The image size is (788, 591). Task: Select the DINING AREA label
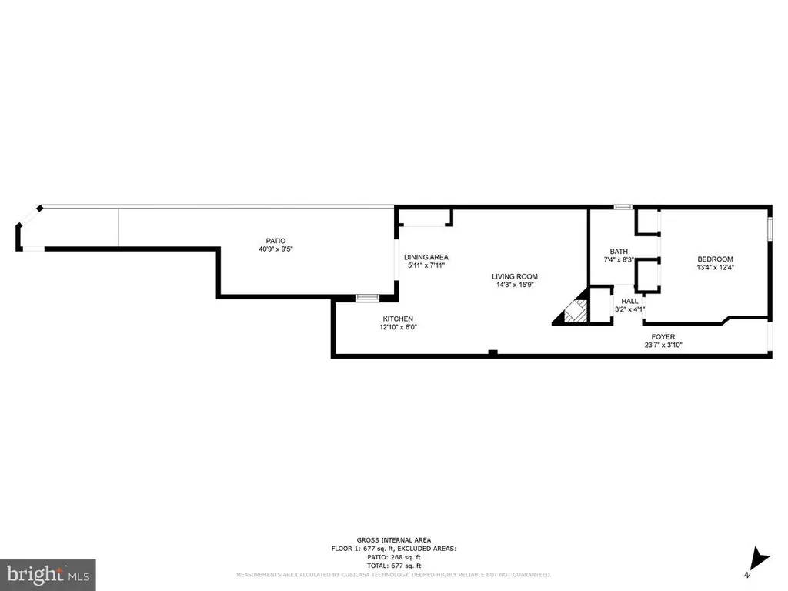point(426,257)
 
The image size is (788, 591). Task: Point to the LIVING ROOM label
point(516,276)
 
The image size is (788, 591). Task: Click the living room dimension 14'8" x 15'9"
point(516,285)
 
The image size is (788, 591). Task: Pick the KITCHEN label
point(399,319)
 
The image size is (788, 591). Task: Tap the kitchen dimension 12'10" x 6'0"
point(399,327)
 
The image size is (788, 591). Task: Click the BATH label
point(619,252)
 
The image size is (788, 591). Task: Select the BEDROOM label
point(715,259)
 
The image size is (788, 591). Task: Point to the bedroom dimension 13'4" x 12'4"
point(715,268)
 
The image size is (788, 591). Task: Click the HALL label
point(629,301)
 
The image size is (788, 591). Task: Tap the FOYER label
point(663,336)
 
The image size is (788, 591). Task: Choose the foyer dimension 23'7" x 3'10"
point(663,345)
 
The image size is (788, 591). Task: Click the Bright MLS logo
point(48,573)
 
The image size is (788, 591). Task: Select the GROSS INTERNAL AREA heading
point(393,539)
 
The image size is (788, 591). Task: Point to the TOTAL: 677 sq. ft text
point(393,566)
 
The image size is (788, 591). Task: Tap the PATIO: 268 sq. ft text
point(393,557)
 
